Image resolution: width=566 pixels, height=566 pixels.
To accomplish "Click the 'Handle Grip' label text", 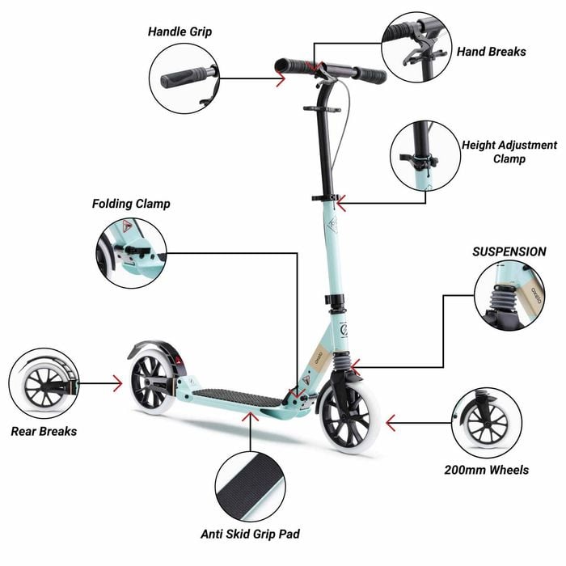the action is pyautogui.click(x=180, y=32).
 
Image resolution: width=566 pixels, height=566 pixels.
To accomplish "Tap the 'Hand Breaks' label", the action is pyautogui.click(x=492, y=52).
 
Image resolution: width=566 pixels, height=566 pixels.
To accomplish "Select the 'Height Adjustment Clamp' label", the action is pyautogui.click(x=509, y=152).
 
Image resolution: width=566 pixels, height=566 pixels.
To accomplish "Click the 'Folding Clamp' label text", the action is pyautogui.click(x=131, y=204).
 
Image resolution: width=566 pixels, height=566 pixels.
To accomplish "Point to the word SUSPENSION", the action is pyautogui.click(x=509, y=251).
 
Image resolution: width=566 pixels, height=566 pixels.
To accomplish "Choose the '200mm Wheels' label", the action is pyautogui.click(x=486, y=470).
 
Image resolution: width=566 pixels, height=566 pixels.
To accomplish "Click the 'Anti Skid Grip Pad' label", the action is pyautogui.click(x=250, y=534).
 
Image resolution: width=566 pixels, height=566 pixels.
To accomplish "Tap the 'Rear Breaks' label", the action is pyautogui.click(x=44, y=431).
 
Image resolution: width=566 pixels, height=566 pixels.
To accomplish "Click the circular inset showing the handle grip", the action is pyautogui.click(x=184, y=78).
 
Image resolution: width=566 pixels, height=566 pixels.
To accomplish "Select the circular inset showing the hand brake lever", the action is pyautogui.click(x=416, y=47).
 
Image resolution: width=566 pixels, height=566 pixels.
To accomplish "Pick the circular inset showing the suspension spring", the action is pyautogui.click(x=509, y=296).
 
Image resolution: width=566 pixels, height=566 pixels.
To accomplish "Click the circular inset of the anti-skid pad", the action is pyautogui.click(x=250, y=486).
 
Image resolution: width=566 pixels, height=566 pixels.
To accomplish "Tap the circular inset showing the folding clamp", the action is pyautogui.click(x=131, y=253).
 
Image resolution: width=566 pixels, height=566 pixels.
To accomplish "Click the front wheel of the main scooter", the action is pyautogui.click(x=348, y=417).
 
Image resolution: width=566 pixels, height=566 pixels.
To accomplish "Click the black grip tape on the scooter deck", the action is pyautogui.click(x=239, y=398).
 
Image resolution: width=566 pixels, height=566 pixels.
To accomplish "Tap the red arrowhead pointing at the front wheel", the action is pyautogui.click(x=390, y=423).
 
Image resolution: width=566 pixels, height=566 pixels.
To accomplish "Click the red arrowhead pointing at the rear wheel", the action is pyautogui.click(x=118, y=383).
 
